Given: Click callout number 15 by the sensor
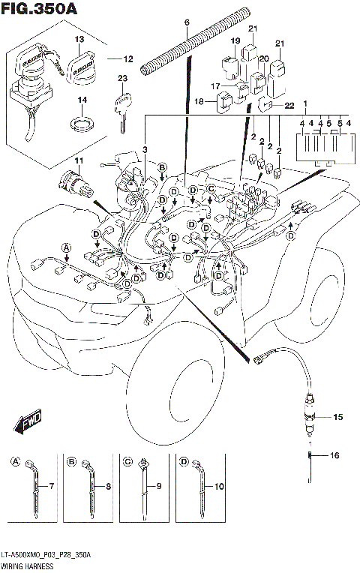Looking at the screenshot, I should click(x=337, y=416).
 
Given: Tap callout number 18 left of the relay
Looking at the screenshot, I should click(x=199, y=101).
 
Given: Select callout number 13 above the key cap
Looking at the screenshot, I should click(x=79, y=37).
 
